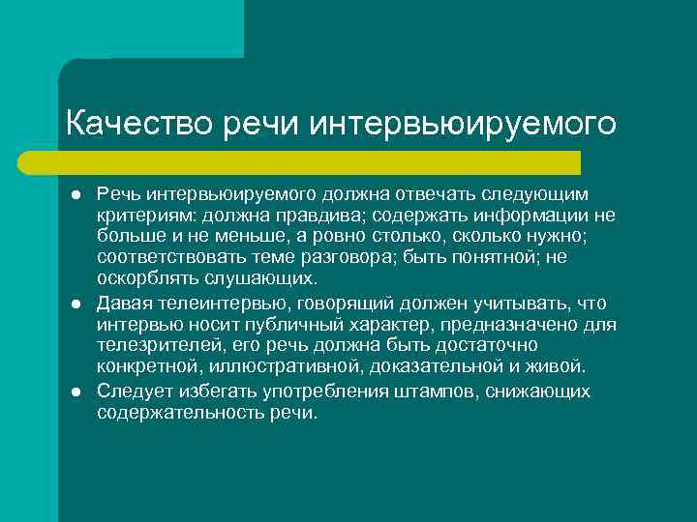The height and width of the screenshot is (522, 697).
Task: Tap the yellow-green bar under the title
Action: point(319,162)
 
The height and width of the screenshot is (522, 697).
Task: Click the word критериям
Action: point(139,216)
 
